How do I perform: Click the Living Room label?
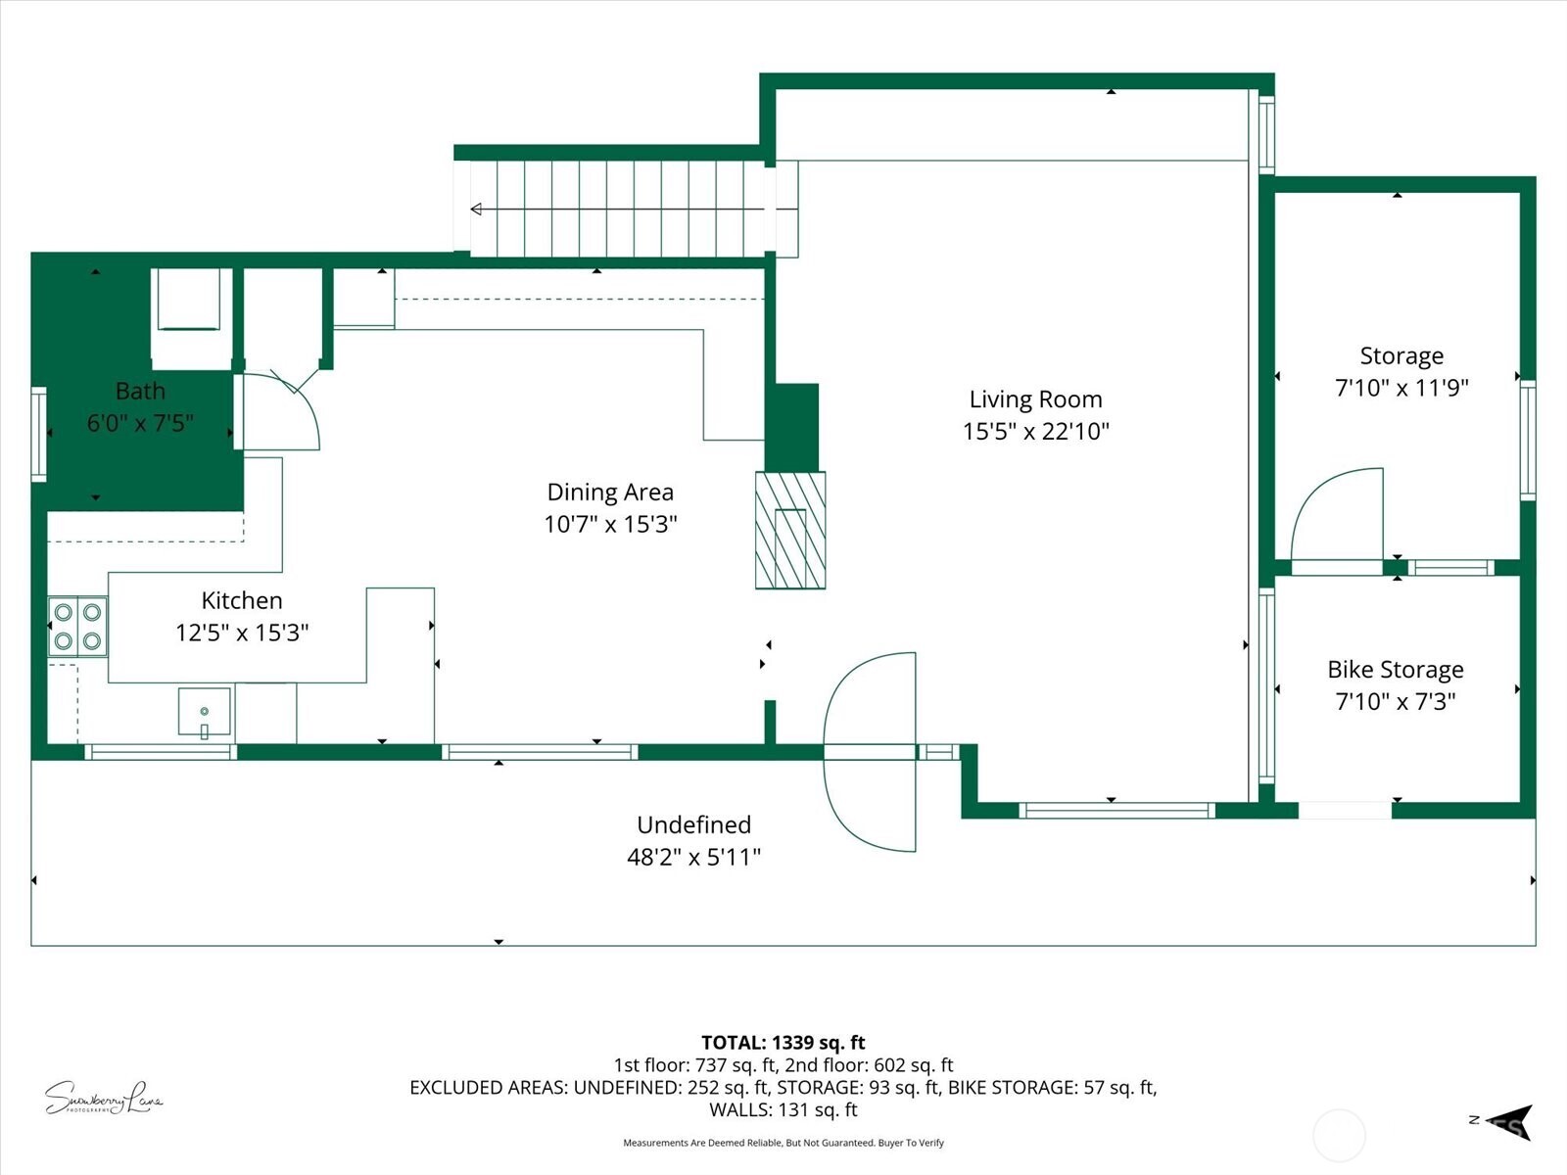pyautogui.click(x=1035, y=399)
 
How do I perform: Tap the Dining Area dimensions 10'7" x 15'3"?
pyautogui.click(x=610, y=524)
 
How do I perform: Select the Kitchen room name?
pyautogui.click(x=242, y=600)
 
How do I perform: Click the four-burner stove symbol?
pyautogui.click(x=77, y=627)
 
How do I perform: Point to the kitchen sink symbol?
pyautogui.click(x=204, y=712)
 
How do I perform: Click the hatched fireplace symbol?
pyautogui.click(x=790, y=530)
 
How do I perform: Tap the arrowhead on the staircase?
pyautogui.click(x=477, y=209)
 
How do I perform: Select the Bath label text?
pyautogui.click(x=140, y=391)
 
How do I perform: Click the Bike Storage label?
pyautogui.click(x=1396, y=670)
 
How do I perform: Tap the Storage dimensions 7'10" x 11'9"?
pyautogui.click(x=1401, y=388)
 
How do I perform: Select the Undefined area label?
pyautogui.click(x=693, y=824)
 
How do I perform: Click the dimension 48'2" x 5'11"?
pyautogui.click(x=693, y=857)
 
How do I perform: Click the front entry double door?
pyautogui.click(x=870, y=752)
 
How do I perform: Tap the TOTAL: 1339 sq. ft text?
pyautogui.click(x=783, y=1043)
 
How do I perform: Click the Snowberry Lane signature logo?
pyautogui.click(x=103, y=1099)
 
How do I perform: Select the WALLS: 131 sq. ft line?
pyautogui.click(x=783, y=1109)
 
